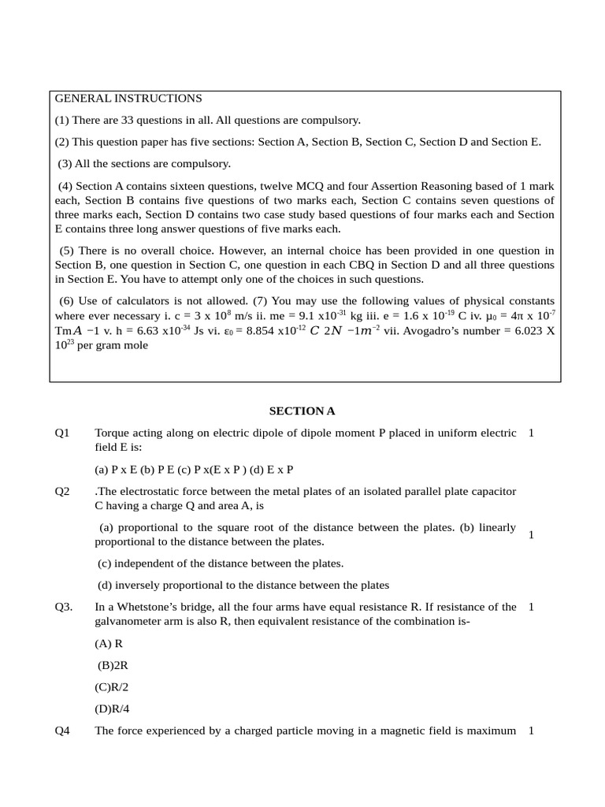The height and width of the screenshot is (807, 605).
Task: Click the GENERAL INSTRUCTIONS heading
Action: (x=128, y=99)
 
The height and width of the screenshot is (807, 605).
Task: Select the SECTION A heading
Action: (x=302, y=411)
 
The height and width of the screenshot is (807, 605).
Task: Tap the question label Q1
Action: (x=62, y=433)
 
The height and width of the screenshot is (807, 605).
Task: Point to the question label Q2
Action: (x=62, y=491)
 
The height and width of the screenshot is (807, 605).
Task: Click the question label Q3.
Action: (x=64, y=607)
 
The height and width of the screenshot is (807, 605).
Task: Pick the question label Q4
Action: (x=62, y=731)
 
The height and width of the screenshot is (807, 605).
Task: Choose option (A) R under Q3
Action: (x=109, y=643)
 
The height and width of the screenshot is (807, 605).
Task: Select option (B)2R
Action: (x=113, y=665)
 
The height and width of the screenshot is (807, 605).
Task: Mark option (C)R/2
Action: (x=112, y=686)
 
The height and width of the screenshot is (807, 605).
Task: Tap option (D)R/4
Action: (x=112, y=708)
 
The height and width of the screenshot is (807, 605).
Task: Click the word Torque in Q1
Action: (x=113, y=433)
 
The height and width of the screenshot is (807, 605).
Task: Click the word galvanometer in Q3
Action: (x=130, y=621)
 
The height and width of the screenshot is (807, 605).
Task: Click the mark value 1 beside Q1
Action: (x=531, y=433)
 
